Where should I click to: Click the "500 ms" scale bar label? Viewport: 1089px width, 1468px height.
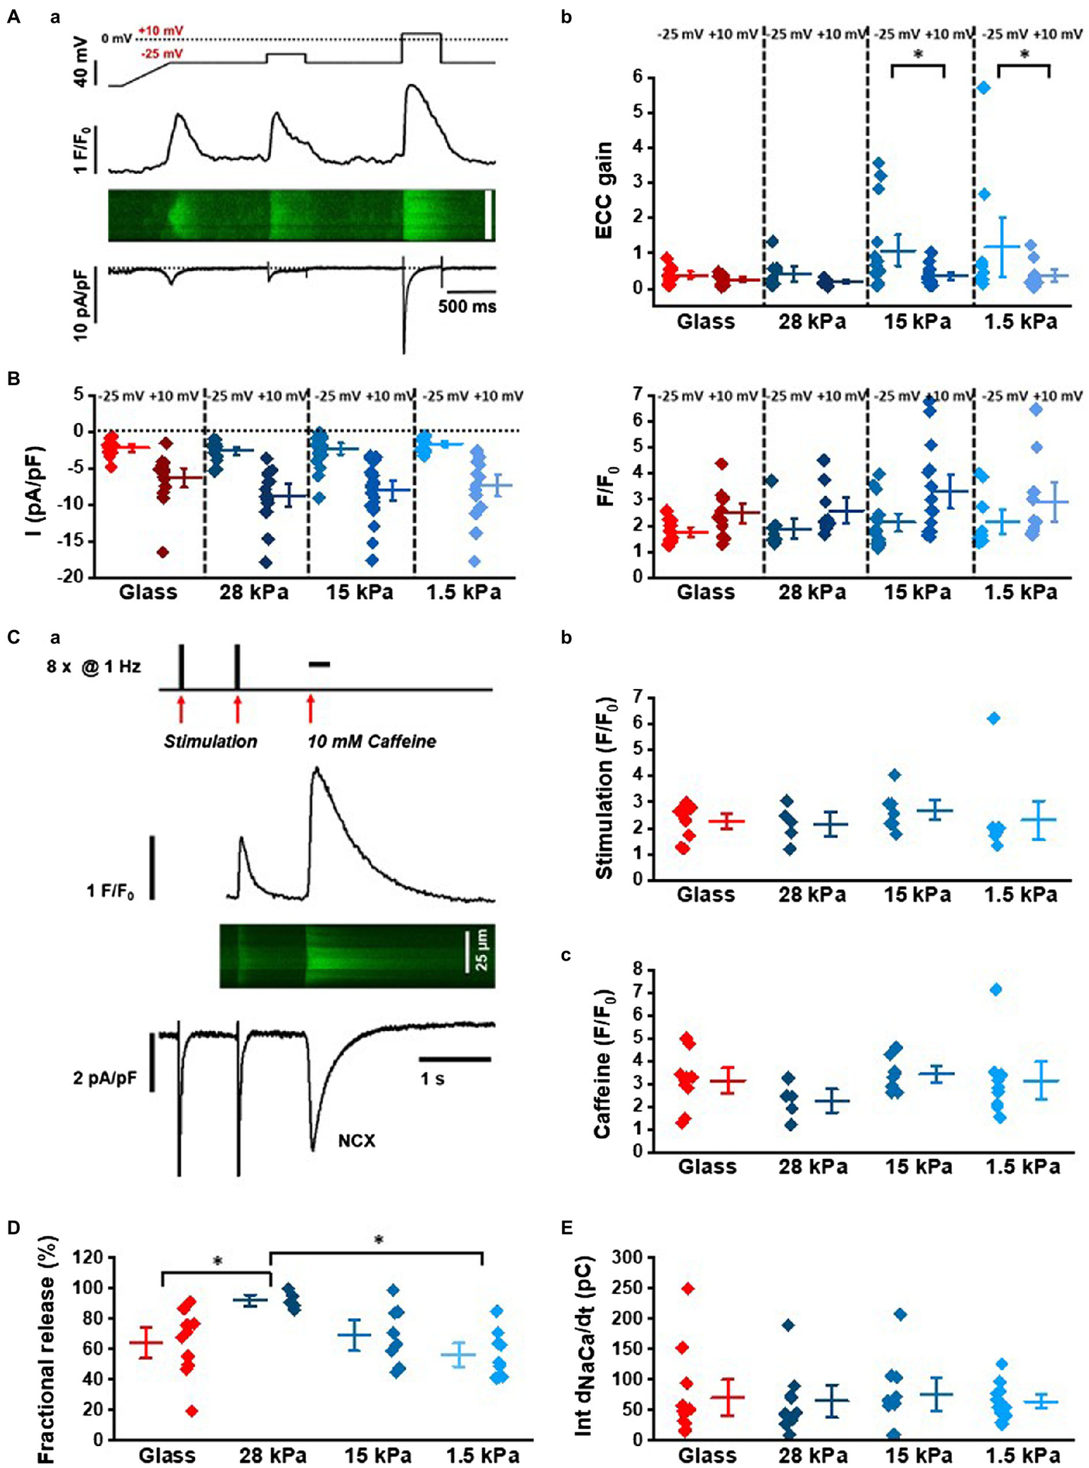coord(467,307)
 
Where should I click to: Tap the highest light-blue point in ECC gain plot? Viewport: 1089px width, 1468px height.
coord(983,87)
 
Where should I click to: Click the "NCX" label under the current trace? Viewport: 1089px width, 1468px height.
coord(356,1140)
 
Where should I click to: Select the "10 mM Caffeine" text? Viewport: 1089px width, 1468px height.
coord(371,742)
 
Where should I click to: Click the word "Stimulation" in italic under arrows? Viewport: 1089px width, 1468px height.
coord(210,742)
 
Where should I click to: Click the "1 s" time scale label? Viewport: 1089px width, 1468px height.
coord(432,1079)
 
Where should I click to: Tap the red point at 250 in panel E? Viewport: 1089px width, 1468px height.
coord(687,1288)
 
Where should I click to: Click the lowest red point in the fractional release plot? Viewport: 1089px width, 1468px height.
coord(192,1411)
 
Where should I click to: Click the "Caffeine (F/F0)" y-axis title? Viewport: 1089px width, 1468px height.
coord(604,1061)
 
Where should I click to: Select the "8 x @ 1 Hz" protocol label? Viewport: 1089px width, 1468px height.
coord(94,667)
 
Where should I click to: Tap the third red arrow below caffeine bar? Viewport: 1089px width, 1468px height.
coord(310,709)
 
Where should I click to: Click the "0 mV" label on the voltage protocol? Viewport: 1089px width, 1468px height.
coord(116,38)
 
